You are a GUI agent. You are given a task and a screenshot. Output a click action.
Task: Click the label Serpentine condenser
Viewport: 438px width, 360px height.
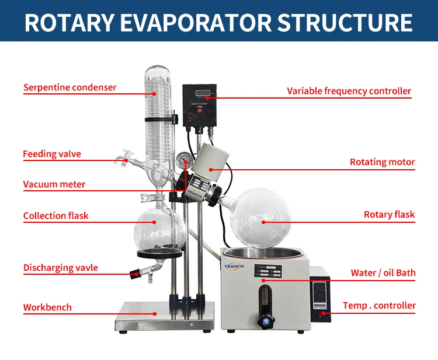(x=69, y=88)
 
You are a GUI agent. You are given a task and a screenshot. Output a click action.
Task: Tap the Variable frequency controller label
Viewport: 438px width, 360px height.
(x=349, y=91)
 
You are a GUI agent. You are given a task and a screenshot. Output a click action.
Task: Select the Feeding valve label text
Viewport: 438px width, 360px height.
(x=52, y=155)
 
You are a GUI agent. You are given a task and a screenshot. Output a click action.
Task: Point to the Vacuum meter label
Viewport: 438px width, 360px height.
(x=54, y=185)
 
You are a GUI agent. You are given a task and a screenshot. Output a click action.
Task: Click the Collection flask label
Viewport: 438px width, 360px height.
(x=56, y=216)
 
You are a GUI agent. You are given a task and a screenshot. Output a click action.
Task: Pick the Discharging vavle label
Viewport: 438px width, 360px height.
(x=61, y=268)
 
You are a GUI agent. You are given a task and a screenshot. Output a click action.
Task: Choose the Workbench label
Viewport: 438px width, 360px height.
(x=47, y=307)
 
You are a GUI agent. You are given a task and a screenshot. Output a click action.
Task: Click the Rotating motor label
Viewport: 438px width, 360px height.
(x=382, y=162)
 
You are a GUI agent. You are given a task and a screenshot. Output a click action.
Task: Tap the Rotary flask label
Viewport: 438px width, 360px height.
(x=389, y=215)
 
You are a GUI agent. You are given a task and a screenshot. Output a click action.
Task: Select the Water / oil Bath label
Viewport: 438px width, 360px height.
(x=383, y=273)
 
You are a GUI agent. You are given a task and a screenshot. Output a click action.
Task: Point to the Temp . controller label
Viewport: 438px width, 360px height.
(x=379, y=306)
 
